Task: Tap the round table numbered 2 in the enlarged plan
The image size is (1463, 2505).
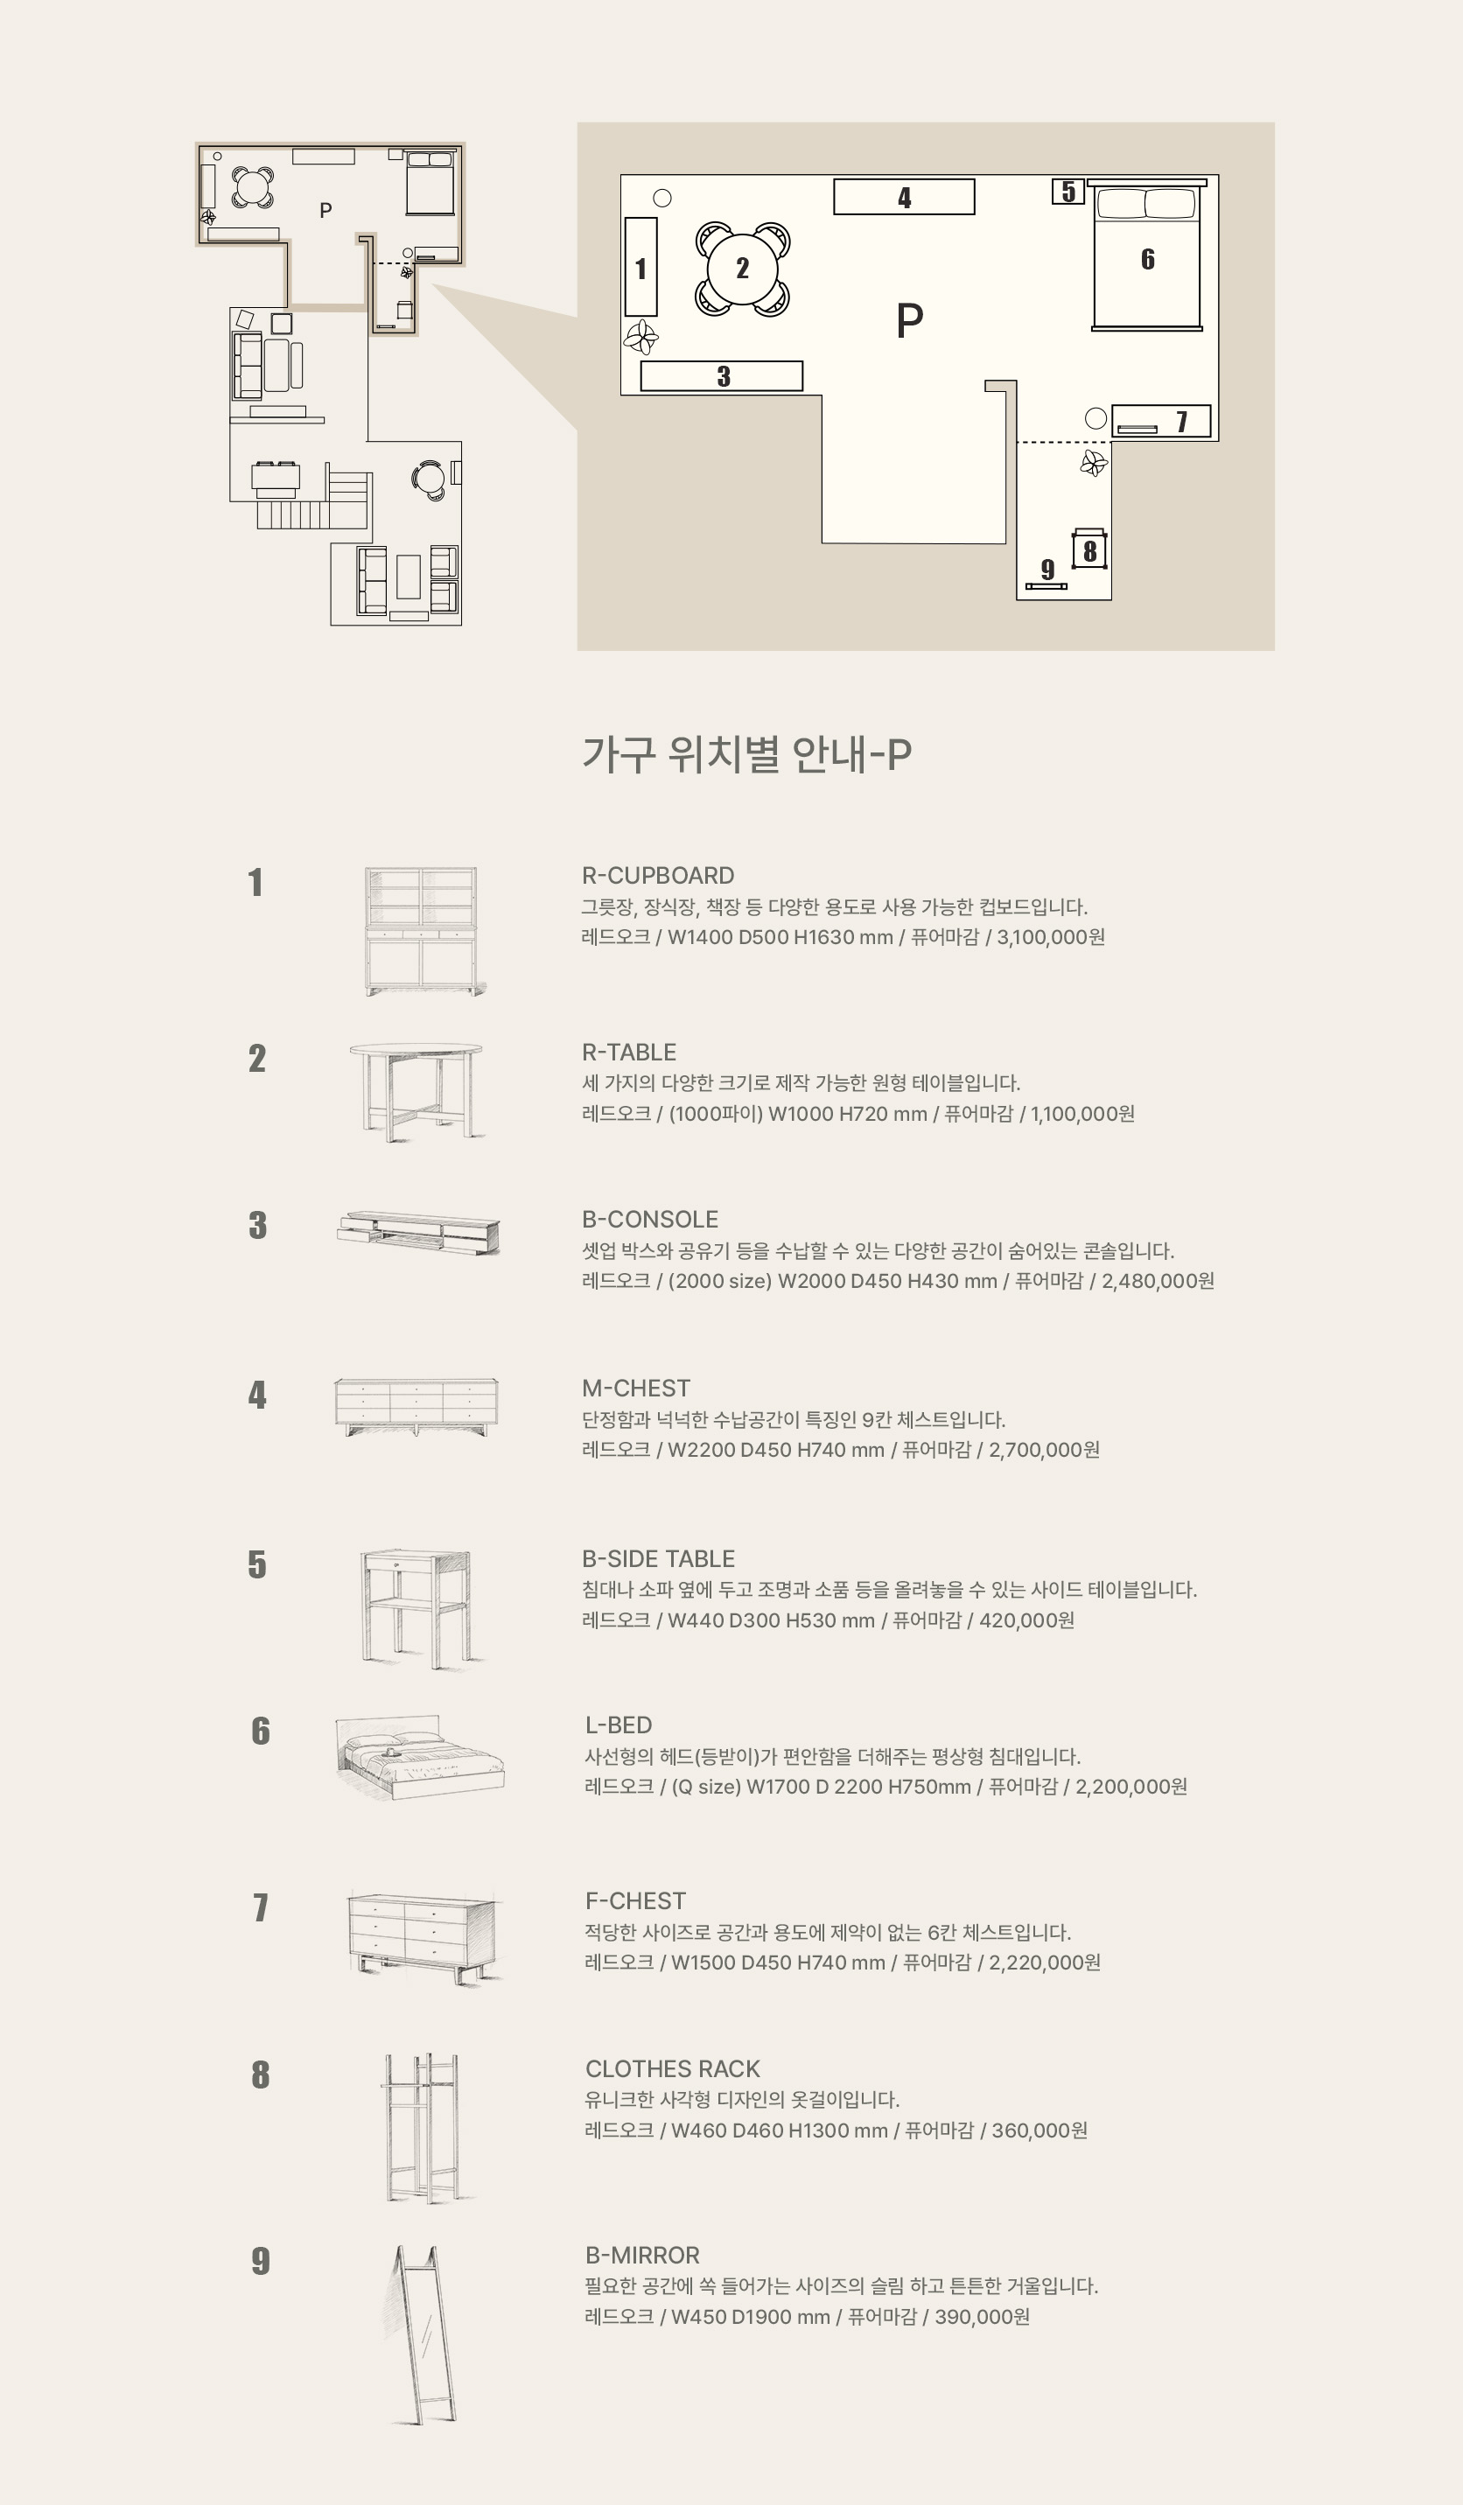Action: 742,269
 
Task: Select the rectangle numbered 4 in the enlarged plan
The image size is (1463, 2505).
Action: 904,197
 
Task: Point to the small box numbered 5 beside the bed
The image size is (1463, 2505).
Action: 1068,191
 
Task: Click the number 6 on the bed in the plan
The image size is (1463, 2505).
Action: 1148,260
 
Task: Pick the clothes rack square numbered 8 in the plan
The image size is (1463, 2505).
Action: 1090,549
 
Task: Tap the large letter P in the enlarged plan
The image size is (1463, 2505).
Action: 909,320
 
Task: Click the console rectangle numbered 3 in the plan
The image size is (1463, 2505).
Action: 722,375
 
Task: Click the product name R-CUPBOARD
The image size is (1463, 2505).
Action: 658,876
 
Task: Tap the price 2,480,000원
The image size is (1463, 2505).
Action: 1158,1281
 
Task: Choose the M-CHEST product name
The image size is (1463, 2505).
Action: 636,1389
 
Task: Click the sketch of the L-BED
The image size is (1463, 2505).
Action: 419,1758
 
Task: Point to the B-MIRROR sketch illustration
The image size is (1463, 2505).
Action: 423,2335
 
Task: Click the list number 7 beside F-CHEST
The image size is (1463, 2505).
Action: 261,1907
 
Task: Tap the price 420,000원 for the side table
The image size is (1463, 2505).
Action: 1026,1620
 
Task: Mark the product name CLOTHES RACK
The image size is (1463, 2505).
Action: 673,2069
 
